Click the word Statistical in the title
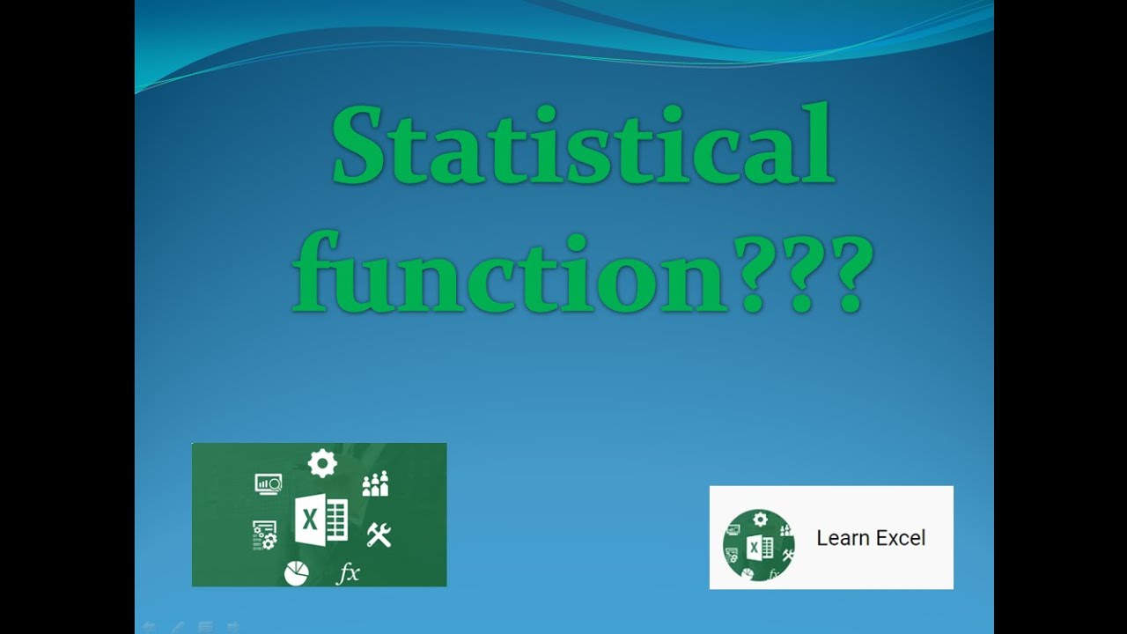click(x=582, y=144)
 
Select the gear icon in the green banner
click(x=322, y=463)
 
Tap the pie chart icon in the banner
click(x=297, y=573)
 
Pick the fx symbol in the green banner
click(x=349, y=573)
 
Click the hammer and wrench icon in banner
click(x=379, y=534)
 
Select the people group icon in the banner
click(x=375, y=483)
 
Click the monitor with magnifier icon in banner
click(x=269, y=483)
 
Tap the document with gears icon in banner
click(x=264, y=534)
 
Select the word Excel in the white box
click(x=900, y=538)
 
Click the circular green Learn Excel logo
click(x=759, y=545)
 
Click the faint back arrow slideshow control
click(x=149, y=627)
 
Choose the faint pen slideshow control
click(x=177, y=627)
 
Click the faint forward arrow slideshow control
click(x=233, y=627)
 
